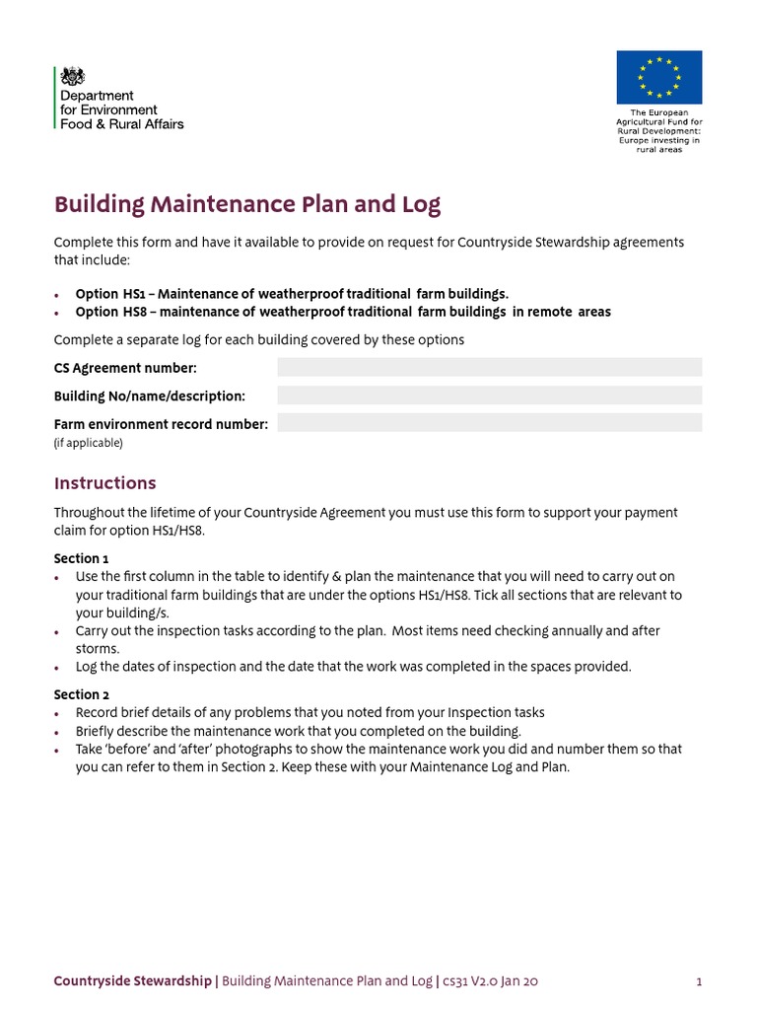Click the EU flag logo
point(659,77)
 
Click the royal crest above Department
point(73,76)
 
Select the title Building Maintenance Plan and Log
point(247,204)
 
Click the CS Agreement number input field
point(489,368)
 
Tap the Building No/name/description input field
point(489,396)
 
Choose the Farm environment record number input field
point(489,423)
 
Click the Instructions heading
point(104,483)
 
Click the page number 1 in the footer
point(698,981)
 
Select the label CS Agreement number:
point(125,368)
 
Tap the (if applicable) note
point(88,443)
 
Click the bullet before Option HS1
point(58,295)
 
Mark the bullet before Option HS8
point(58,313)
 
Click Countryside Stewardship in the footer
point(132,981)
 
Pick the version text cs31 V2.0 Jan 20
point(490,981)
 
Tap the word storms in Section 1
point(98,649)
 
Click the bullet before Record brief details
point(58,713)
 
